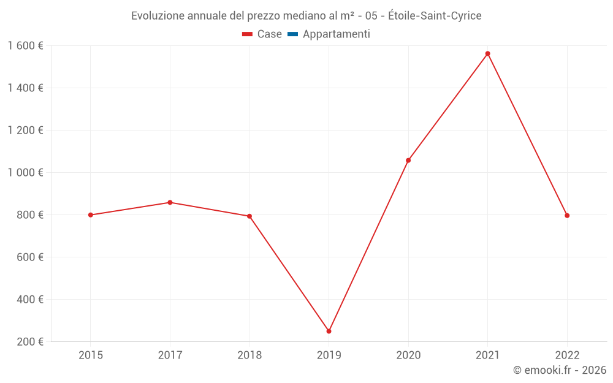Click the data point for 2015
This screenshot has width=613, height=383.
click(x=91, y=215)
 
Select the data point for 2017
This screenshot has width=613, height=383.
click(x=170, y=202)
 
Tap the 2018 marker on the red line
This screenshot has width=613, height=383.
click(x=249, y=216)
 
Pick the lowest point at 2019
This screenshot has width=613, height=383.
click(x=329, y=331)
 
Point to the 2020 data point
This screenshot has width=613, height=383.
click(x=408, y=161)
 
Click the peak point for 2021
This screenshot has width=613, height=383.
click(x=488, y=54)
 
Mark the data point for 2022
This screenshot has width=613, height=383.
click(x=567, y=216)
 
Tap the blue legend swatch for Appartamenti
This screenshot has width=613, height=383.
click(x=292, y=34)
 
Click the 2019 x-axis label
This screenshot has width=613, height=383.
click(x=329, y=355)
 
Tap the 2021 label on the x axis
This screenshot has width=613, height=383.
click(x=488, y=355)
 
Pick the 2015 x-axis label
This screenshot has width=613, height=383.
click(x=91, y=355)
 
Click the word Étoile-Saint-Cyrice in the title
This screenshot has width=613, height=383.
click(x=435, y=16)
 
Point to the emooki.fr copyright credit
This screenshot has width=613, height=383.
click(x=560, y=370)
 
